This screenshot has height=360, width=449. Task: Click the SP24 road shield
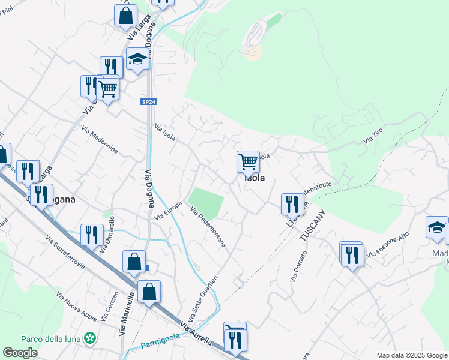point(148,102)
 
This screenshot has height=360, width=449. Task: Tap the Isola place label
point(254,178)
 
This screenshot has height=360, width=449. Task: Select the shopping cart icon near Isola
point(248,161)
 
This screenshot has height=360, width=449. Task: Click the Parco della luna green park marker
point(90,338)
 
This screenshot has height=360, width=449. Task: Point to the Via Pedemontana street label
point(208,227)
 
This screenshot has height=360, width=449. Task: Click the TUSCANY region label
point(313,225)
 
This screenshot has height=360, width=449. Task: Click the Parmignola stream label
point(159,344)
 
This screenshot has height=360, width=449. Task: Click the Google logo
point(20,353)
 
